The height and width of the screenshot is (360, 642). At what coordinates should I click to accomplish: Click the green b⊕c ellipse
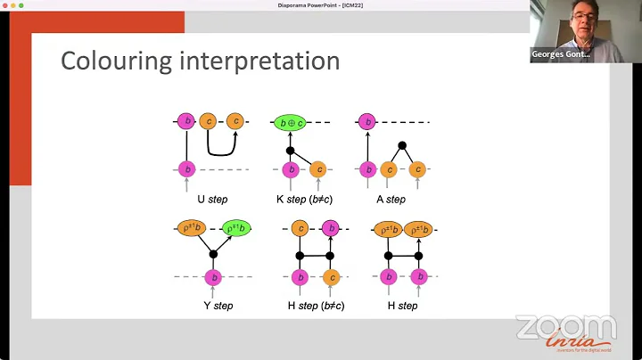pyautogui.click(x=289, y=122)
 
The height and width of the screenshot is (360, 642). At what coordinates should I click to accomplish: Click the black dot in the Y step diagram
pyautogui.click(x=213, y=254)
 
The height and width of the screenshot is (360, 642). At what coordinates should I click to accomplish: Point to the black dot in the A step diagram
pyautogui.click(x=402, y=144)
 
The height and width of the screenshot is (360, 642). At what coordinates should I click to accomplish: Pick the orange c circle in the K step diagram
pyautogui.click(x=317, y=169)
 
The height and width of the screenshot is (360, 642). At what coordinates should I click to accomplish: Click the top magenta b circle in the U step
pyautogui.click(x=186, y=121)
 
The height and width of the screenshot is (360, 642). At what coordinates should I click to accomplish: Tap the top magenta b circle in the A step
pyautogui.click(x=365, y=121)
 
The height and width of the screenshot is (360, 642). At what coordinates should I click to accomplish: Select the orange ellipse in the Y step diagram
pyautogui.click(x=191, y=228)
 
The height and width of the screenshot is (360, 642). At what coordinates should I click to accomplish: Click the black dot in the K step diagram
pyautogui.click(x=290, y=151)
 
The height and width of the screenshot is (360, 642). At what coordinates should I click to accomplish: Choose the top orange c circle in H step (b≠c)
pyautogui.click(x=300, y=228)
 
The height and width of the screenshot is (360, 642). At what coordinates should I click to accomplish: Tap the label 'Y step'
pyautogui.click(x=218, y=305)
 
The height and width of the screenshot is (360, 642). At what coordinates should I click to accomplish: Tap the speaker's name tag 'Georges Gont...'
pyautogui.click(x=561, y=54)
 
